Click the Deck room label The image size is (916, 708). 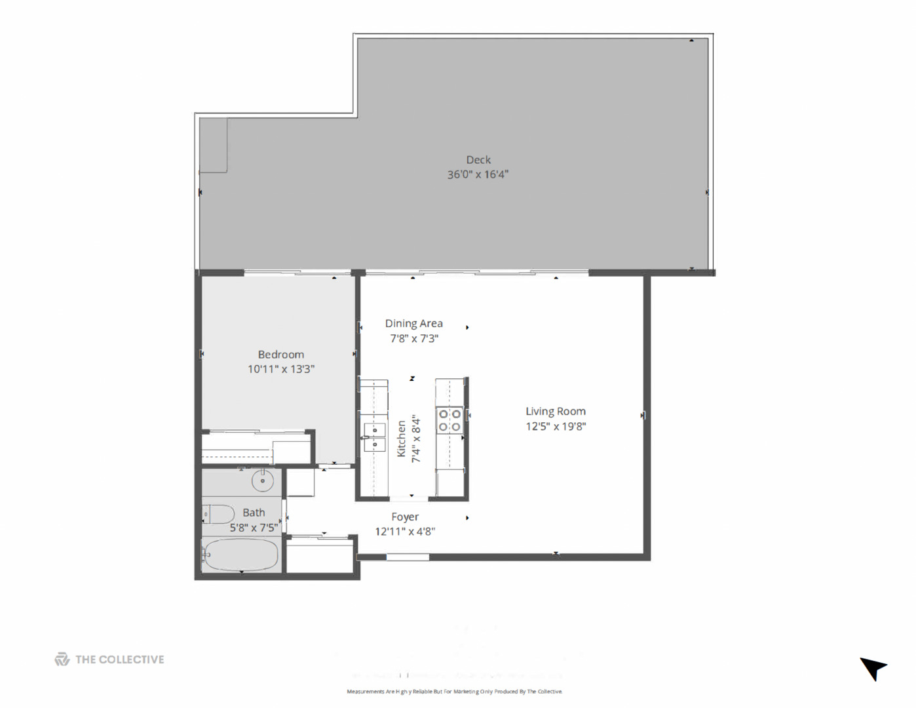tap(478, 159)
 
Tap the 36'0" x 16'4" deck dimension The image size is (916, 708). tap(478, 174)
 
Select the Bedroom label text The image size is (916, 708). tap(280, 354)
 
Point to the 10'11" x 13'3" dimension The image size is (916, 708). tap(280, 369)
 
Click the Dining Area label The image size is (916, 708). tap(413, 323)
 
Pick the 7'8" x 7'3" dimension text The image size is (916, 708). tap(414, 338)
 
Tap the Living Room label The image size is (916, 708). tap(555, 411)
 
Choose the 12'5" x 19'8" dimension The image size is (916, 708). tap(556, 426)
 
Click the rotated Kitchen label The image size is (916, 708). tap(401, 439)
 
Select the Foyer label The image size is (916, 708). tap(405, 517)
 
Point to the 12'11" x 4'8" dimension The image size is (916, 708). tap(405, 532)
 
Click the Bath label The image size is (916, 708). tap(254, 513)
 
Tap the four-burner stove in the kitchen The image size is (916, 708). tap(449, 420)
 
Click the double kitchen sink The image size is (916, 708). tap(375, 437)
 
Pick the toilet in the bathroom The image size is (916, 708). tap(218, 514)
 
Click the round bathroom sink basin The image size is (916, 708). tap(262, 481)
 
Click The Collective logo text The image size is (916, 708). tap(119, 659)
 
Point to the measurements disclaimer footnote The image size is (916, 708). tap(454, 692)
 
